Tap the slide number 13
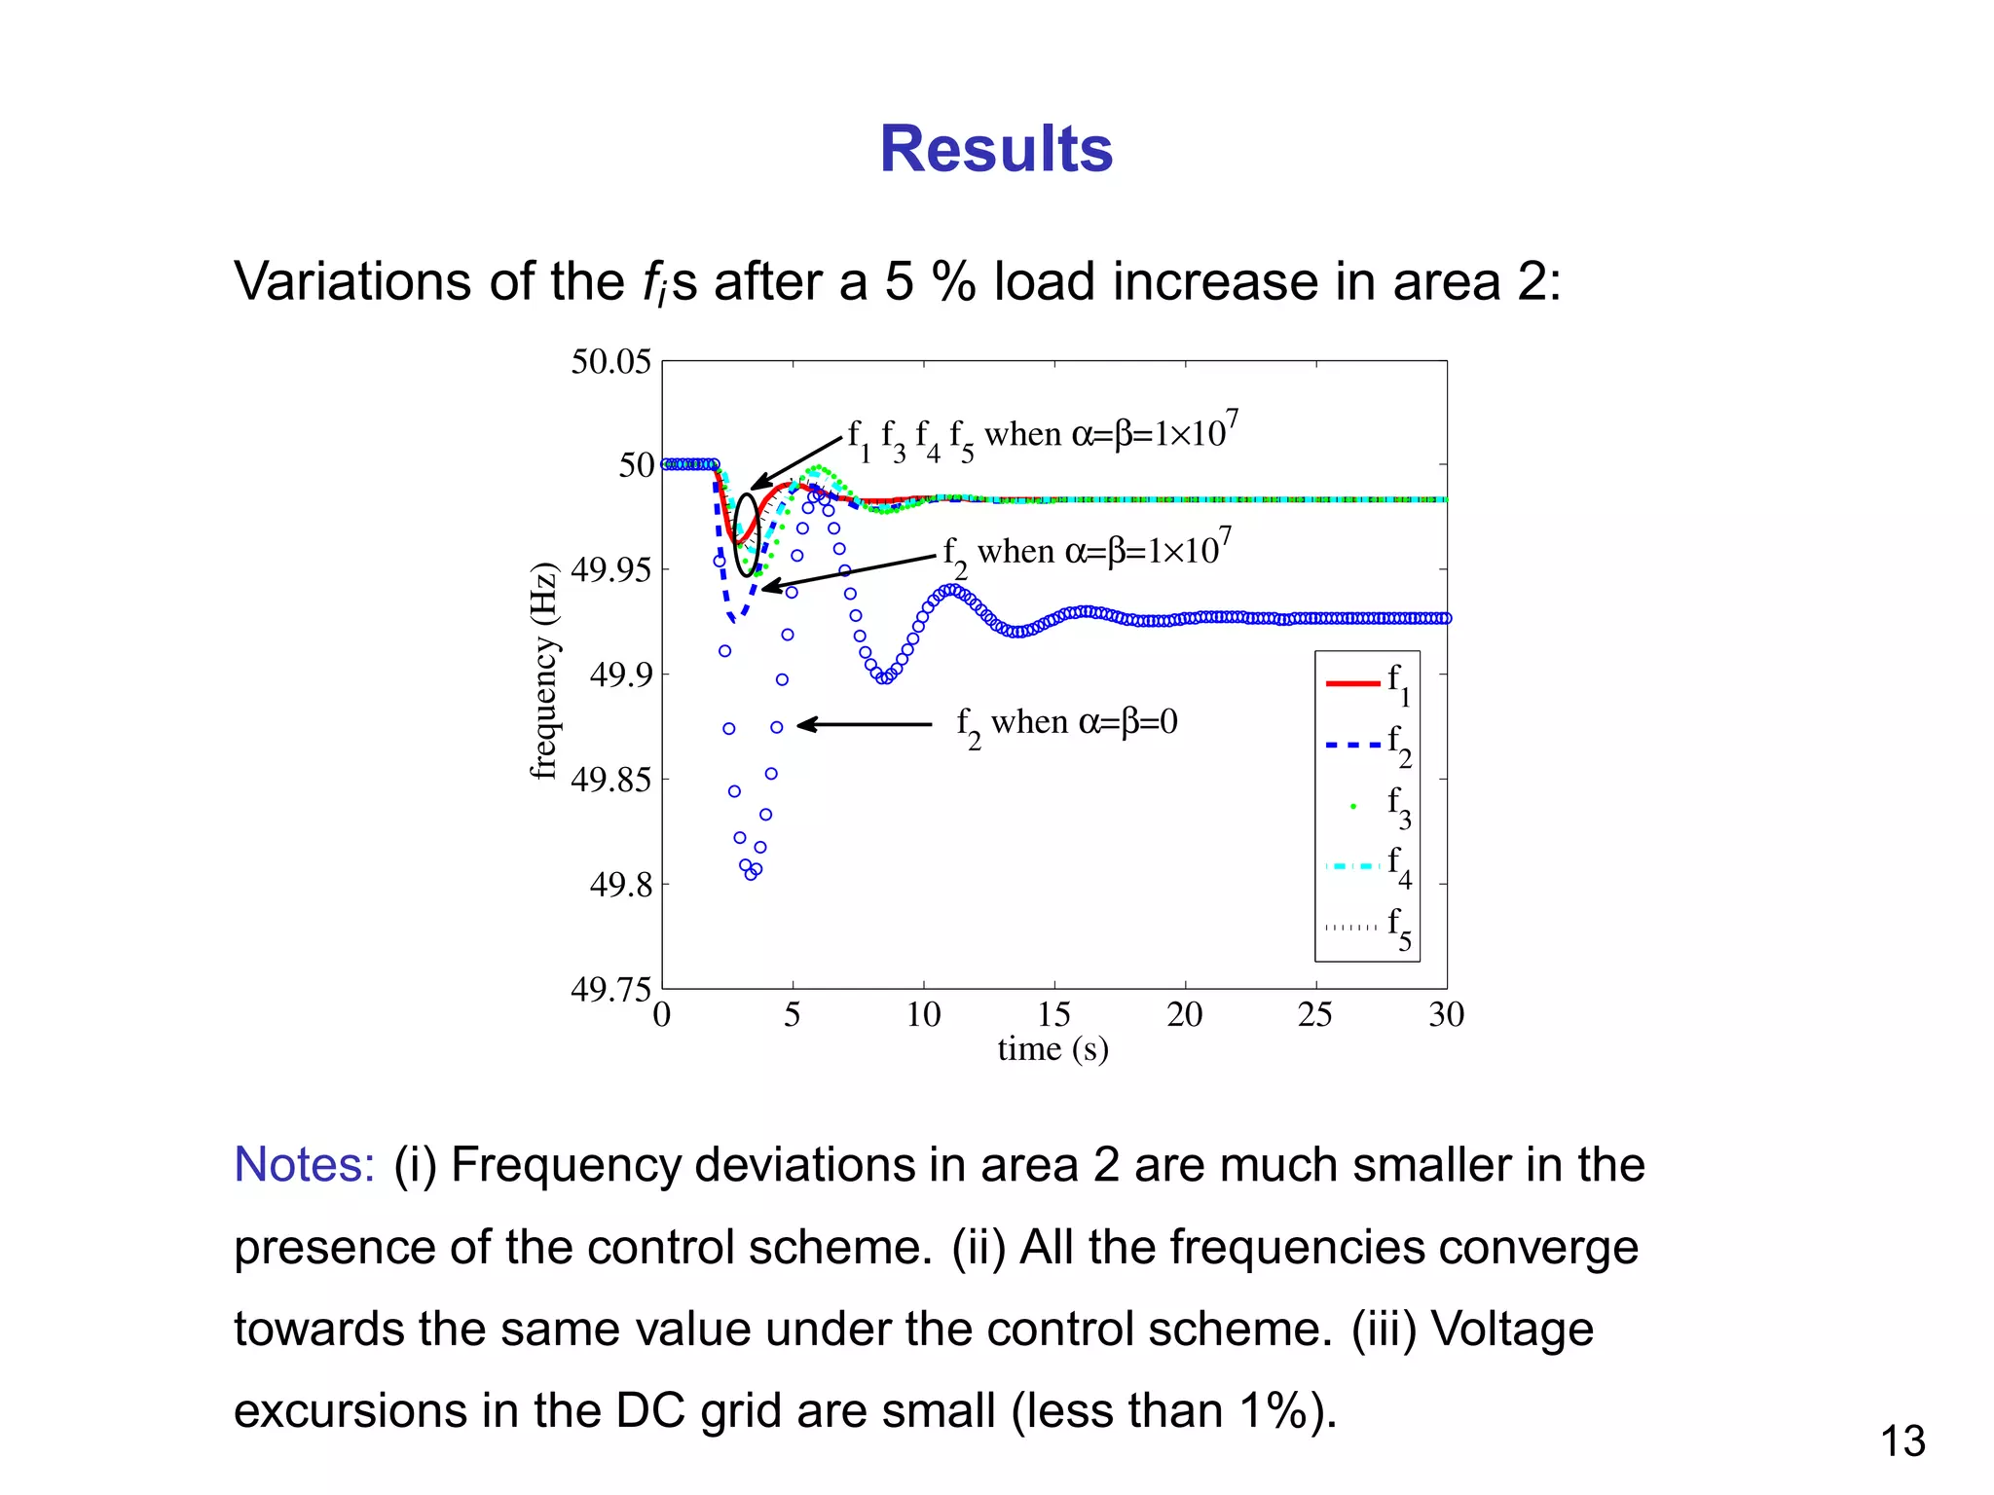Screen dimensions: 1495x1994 point(1902,1441)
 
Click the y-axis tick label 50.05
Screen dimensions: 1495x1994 point(610,362)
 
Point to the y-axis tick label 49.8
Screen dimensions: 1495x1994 point(620,885)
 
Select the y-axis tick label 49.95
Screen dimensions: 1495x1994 point(610,570)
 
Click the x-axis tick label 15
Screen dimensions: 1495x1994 point(1053,1015)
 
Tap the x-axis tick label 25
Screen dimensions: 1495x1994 point(1314,1015)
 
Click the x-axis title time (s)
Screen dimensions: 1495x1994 point(1052,1049)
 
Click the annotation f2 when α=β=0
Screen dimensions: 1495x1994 point(1067,724)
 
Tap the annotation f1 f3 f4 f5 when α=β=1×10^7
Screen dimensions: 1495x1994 point(1042,435)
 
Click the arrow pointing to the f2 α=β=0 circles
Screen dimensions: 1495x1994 point(864,724)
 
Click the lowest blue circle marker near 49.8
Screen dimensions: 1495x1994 point(751,874)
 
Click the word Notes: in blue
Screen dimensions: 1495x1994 point(305,1165)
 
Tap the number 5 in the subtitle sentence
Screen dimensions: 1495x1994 point(899,282)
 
